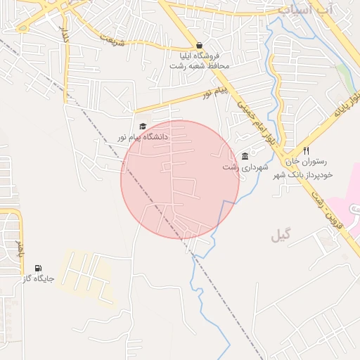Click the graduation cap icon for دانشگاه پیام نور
(143, 127)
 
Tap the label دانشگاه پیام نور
(143, 137)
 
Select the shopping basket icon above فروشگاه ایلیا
(200, 45)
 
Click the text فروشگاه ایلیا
(199, 55)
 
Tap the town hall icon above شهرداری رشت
(245, 156)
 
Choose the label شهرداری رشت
(241, 167)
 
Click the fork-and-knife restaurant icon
(306, 151)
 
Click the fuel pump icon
(37, 268)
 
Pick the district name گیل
(281, 236)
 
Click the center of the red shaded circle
(180, 179)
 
